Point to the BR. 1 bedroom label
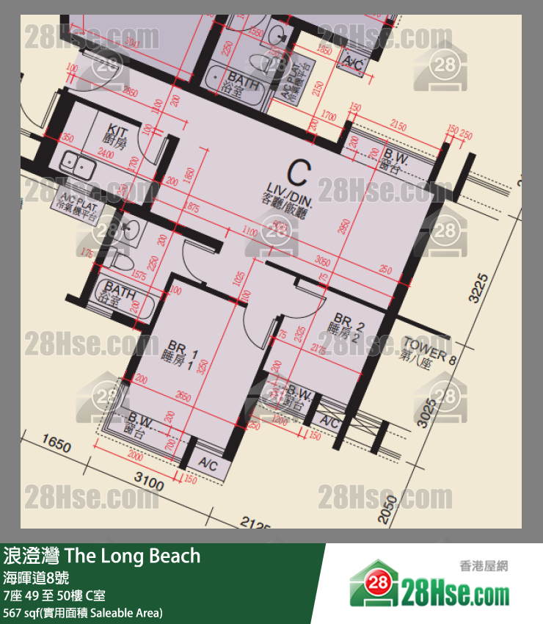click(181, 351)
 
